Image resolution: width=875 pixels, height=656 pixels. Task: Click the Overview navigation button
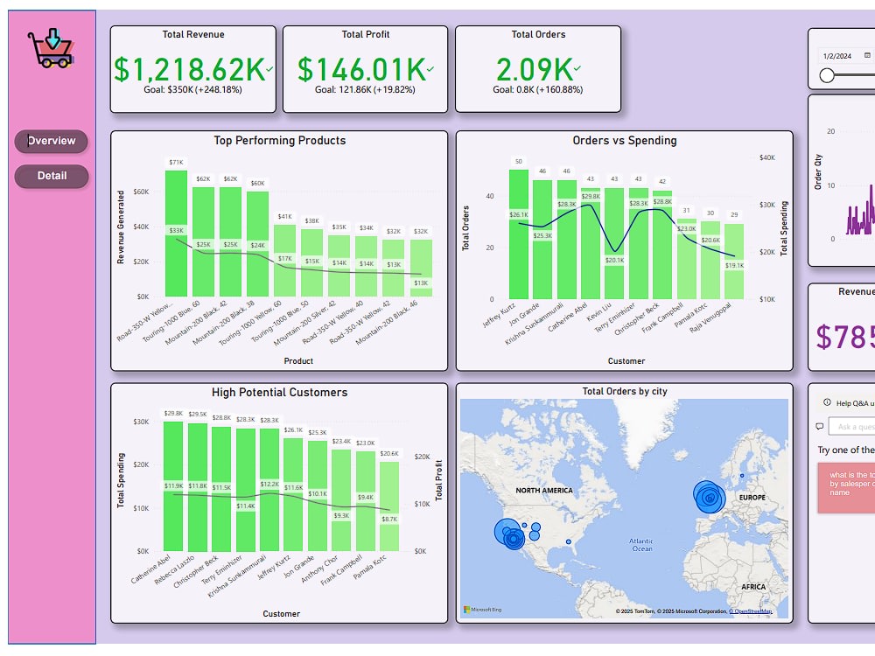click(x=52, y=141)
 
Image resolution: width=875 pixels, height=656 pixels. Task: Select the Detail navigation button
click(x=52, y=176)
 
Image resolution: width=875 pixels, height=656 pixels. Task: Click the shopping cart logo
click(x=50, y=49)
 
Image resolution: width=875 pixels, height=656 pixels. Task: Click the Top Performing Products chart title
click(x=279, y=141)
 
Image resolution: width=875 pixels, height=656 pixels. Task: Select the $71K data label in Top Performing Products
click(x=176, y=162)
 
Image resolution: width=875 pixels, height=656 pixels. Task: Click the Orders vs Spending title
click(x=624, y=141)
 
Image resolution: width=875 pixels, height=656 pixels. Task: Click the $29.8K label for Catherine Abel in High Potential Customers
click(x=173, y=414)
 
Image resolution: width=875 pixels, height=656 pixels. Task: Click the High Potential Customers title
click(x=279, y=393)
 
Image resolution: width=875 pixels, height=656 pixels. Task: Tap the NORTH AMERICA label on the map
click(x=543, y=491)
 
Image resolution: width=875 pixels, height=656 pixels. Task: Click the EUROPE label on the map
click(x=751, y=498)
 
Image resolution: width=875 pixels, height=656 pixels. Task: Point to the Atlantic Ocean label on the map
click(x=641, y=545)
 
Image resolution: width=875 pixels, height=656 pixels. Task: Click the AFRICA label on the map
click(x=752, y=587)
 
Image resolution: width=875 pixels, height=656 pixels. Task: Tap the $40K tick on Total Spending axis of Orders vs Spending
click(x=767, y=157)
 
